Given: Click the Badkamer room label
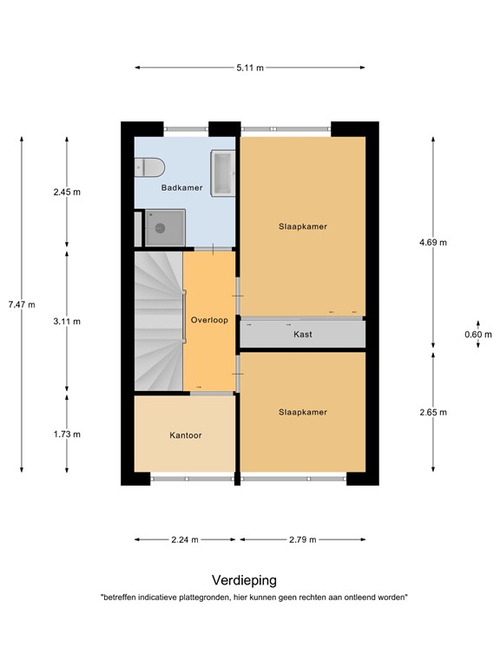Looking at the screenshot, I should tap(181, 187).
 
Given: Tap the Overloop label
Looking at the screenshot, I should tap(209, 320).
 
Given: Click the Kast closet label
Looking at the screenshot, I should tap(303, 334).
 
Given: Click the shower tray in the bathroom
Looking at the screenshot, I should tap(159, 228).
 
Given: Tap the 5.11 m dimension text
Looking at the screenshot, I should tap(250, 67).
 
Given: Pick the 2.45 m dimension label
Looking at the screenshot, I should tap(67, 193).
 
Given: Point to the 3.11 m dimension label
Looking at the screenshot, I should tap(67, 321).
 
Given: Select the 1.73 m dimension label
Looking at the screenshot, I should tap(67, 434).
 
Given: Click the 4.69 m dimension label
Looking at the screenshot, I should tap(432, 243).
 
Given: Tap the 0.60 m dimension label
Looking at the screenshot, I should tap(477, 334).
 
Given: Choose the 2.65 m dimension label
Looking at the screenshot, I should tap(432, 412).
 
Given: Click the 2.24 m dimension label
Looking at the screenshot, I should tap(184, 539).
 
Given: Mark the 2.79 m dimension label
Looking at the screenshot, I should tap(302, 539).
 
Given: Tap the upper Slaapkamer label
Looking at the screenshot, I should tap(303, 226).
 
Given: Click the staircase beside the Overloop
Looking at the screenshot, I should tap(156, 321).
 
